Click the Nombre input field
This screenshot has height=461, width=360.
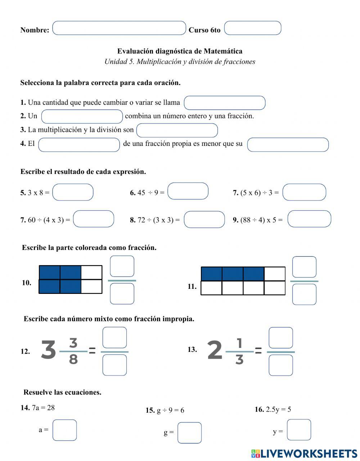pyautogui.click(x=119, y=28)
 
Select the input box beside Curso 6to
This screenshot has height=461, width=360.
pyautogui.click(x=252, y=28)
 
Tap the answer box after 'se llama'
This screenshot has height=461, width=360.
pyautogui.click(x=225, y=103)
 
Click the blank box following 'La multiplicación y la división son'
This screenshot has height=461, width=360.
pyautogui.click(x=177, y=130)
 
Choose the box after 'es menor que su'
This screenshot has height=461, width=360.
pyautogui.click(x=288, y=145)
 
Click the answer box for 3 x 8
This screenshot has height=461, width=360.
pyautogui.click(x=73, y=192)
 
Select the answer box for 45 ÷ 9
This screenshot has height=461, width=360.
pyautogui.click(x=188, y=191)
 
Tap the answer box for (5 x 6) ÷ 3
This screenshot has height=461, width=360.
pyautogui.click(x=304, y=192)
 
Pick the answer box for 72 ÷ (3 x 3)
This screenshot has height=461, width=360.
pyautogui.click(x=204, y=220)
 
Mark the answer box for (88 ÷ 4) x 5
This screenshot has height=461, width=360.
pyautogui.click(x=309, y=219)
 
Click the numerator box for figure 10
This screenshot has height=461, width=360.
pyautogui.click(x=122, y=266)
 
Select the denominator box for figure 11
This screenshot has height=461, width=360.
pyautogui.click(x=304, y=294)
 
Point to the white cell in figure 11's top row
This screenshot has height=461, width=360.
pyautogui.click(x=275, y=274)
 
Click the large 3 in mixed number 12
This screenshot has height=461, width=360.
pyautogui.click(x=48, y=350)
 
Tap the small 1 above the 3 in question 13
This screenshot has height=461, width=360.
pyautogui.click(x=239, y=343)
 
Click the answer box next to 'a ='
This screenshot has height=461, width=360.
pyautogui.click(x=65, y=430)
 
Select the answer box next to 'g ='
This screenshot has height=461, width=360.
pyautogui.click(x=189, y=433)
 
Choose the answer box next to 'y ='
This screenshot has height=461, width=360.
pyautogui.click(x=299, y=430)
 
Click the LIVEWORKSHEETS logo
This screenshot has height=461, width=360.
pyautogui.click(x=304, y=453)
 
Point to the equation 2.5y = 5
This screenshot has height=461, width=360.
pyautogui.click(x=278, y=409)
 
